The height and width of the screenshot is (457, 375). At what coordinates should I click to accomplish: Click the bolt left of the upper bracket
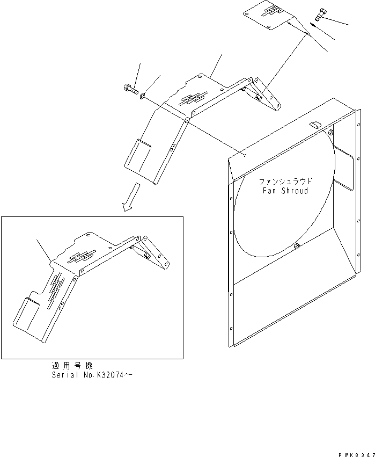(x=130, y=90)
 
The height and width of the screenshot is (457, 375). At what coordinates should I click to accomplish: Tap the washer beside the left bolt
(x=142, y=96)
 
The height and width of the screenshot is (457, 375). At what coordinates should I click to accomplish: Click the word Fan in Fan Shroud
(x=269, y=191)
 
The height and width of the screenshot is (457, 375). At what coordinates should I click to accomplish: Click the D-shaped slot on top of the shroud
(x=317, y=125)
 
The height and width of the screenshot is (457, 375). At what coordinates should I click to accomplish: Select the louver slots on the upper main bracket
(x=192, y=98)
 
